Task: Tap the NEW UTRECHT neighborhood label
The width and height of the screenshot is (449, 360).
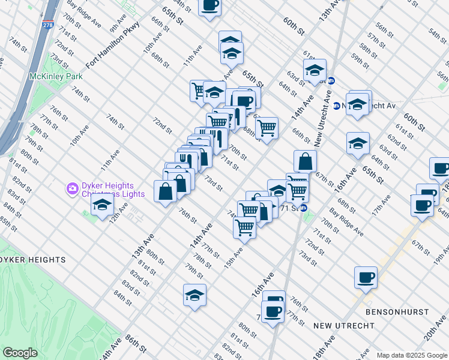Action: tap(344, 326)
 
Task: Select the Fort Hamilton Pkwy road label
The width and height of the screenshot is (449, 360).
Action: tap(112, 46)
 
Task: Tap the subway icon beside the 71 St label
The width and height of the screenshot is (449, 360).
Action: tap(304, 208)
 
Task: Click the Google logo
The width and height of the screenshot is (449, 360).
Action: tap(20, 353)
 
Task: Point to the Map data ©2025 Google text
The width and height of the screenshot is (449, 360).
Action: tap(411, 355)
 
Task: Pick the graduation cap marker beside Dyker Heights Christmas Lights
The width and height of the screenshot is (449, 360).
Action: tap(102, 205)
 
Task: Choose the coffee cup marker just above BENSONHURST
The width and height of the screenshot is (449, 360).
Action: tap(366, 278)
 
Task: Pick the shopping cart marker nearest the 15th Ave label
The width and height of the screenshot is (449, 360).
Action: tap(244, 227)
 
